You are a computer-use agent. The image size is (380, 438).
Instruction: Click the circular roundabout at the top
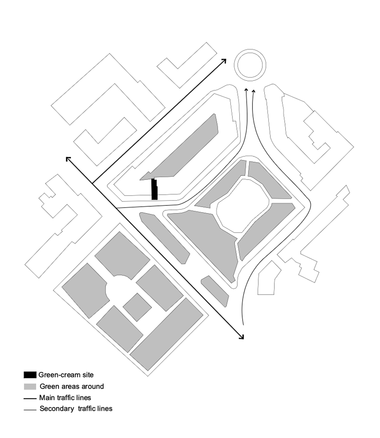[x=250, y=65]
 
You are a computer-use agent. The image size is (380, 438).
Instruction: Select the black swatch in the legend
[x=30, y=375]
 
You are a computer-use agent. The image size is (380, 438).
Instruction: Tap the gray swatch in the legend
[x=30, y=387]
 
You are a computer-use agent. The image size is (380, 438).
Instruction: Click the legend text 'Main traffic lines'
[x=65, y=398]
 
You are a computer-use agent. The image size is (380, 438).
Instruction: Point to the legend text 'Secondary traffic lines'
[x=76, y=409]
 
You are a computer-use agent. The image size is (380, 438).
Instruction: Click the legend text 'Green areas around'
[x=71, y=386]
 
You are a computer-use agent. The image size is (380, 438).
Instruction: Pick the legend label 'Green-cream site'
[x=66, y=375]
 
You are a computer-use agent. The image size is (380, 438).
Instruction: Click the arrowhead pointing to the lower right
[x=241, y=337]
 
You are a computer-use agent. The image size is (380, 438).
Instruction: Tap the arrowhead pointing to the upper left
[x=68, y=159]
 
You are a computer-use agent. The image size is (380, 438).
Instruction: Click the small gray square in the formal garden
[x=137, y=307]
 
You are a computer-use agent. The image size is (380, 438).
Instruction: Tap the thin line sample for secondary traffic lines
[x=30, y=409]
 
